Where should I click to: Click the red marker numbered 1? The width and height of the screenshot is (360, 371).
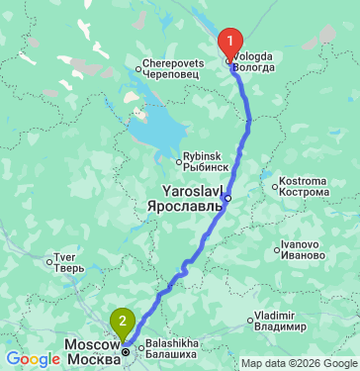click(x=230, y=42)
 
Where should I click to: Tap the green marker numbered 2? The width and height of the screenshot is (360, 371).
click(x=122, y=321)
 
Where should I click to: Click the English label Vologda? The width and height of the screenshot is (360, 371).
click(x=254, y=56)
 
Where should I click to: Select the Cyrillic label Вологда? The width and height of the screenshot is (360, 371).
click(x=255, y=69)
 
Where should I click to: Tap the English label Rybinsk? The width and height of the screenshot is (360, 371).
click(x=204, y=156)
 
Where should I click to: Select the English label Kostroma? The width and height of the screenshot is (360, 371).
click(x=303, y=180)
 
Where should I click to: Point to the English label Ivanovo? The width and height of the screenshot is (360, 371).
click(x=303, y=242)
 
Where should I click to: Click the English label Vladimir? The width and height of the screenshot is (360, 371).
click(x=275, y=315)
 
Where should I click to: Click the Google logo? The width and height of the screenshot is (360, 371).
click(x=33, y=359)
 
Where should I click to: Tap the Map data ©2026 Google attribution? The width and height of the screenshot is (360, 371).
click(x=299, y=363)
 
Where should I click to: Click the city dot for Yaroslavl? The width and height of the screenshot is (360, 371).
click(x=227, y=198)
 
